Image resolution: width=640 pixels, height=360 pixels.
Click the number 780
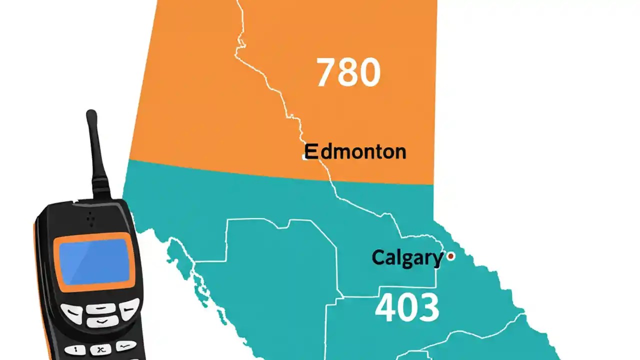pyautogui.click(x=348, y=73)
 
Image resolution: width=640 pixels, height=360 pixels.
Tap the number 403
pyautogui.click(x=407, y=307)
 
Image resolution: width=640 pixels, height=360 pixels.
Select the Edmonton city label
pyautogui.click(x=355, y=151)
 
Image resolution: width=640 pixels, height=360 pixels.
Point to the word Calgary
pyautogui.click(x=407, y=258)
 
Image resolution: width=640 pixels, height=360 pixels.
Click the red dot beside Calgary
pyautogui.click(x=451, y=256)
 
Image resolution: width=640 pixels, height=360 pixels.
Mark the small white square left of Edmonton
pyautogui.click(x=304, y=157)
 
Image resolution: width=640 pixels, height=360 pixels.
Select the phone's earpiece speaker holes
pyautogui.click(x=90, y=218)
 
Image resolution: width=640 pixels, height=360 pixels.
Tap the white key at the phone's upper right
pyautogui.click(x=128, y=308)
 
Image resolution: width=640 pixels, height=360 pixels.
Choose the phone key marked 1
pyautogui.click(x=75, y=349)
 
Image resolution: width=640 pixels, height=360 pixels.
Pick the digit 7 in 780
pyautogui.click(x=325, y=73)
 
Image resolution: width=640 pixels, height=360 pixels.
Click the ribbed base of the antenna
pyautogui.click(x=100, y=186)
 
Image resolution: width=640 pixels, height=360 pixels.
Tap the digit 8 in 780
pyautogui.click(x=348, y=73)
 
